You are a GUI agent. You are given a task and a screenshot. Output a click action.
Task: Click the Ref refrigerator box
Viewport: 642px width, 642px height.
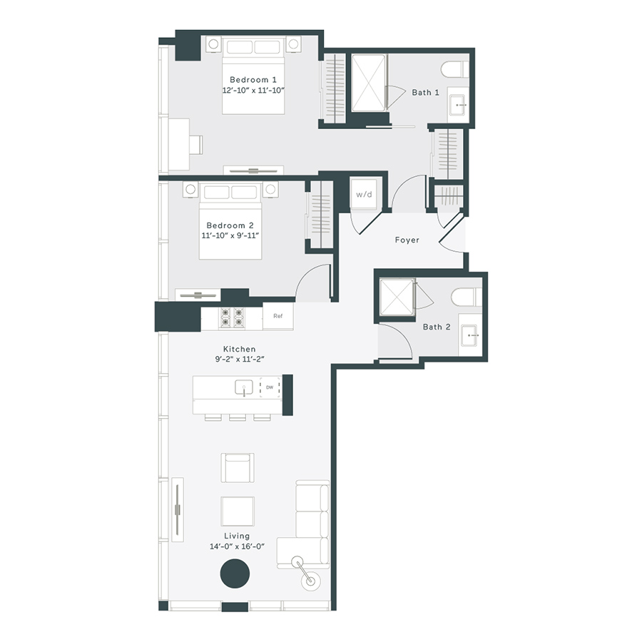277,317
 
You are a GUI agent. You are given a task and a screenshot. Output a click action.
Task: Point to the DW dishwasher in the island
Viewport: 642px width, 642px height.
270,388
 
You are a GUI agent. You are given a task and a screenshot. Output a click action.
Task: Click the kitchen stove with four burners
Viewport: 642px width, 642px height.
232,317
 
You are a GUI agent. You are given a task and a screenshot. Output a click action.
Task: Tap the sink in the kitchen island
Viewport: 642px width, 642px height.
244,388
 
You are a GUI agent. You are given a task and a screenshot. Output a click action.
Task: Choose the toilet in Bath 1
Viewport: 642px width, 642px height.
454,69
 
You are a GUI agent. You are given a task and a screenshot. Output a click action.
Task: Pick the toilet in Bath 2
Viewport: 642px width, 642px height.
467,297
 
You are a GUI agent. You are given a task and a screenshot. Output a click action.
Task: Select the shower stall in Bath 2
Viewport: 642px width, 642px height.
397,297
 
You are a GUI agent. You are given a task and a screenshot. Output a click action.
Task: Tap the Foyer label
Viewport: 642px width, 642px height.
407,240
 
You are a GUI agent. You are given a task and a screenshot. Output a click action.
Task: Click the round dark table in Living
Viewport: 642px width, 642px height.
235,574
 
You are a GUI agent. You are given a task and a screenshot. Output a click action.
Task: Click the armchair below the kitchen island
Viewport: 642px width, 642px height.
237,467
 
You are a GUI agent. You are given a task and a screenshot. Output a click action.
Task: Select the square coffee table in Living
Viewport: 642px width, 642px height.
237,511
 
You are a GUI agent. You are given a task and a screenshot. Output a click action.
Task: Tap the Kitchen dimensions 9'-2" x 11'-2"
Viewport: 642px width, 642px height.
239,360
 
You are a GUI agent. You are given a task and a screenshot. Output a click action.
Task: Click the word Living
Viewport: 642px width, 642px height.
237,536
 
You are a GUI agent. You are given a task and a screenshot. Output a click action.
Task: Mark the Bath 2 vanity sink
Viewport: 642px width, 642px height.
470,333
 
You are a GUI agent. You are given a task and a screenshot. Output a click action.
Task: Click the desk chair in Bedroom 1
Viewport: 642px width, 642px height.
195,144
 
